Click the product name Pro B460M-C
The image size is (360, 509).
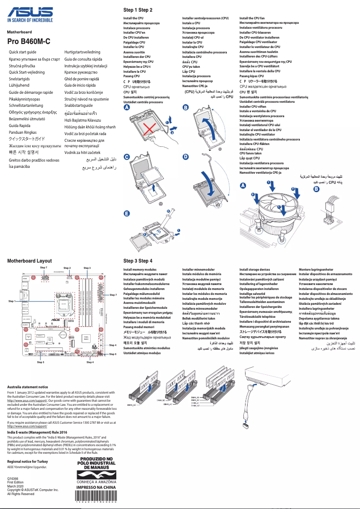pos(29,41)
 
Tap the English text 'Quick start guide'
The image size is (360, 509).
pos(22,53)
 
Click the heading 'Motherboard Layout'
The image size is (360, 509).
pos(30,261)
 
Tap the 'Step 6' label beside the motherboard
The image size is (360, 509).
pos(113,354)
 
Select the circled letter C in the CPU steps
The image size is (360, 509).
pos(127,157)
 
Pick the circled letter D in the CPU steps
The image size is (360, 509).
pos(185,157)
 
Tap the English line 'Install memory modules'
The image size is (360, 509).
pos(140,269)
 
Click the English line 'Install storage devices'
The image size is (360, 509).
pos(255,269)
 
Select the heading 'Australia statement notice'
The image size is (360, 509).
pos(28,386)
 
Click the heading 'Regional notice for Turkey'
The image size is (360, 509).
pos(27,461)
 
